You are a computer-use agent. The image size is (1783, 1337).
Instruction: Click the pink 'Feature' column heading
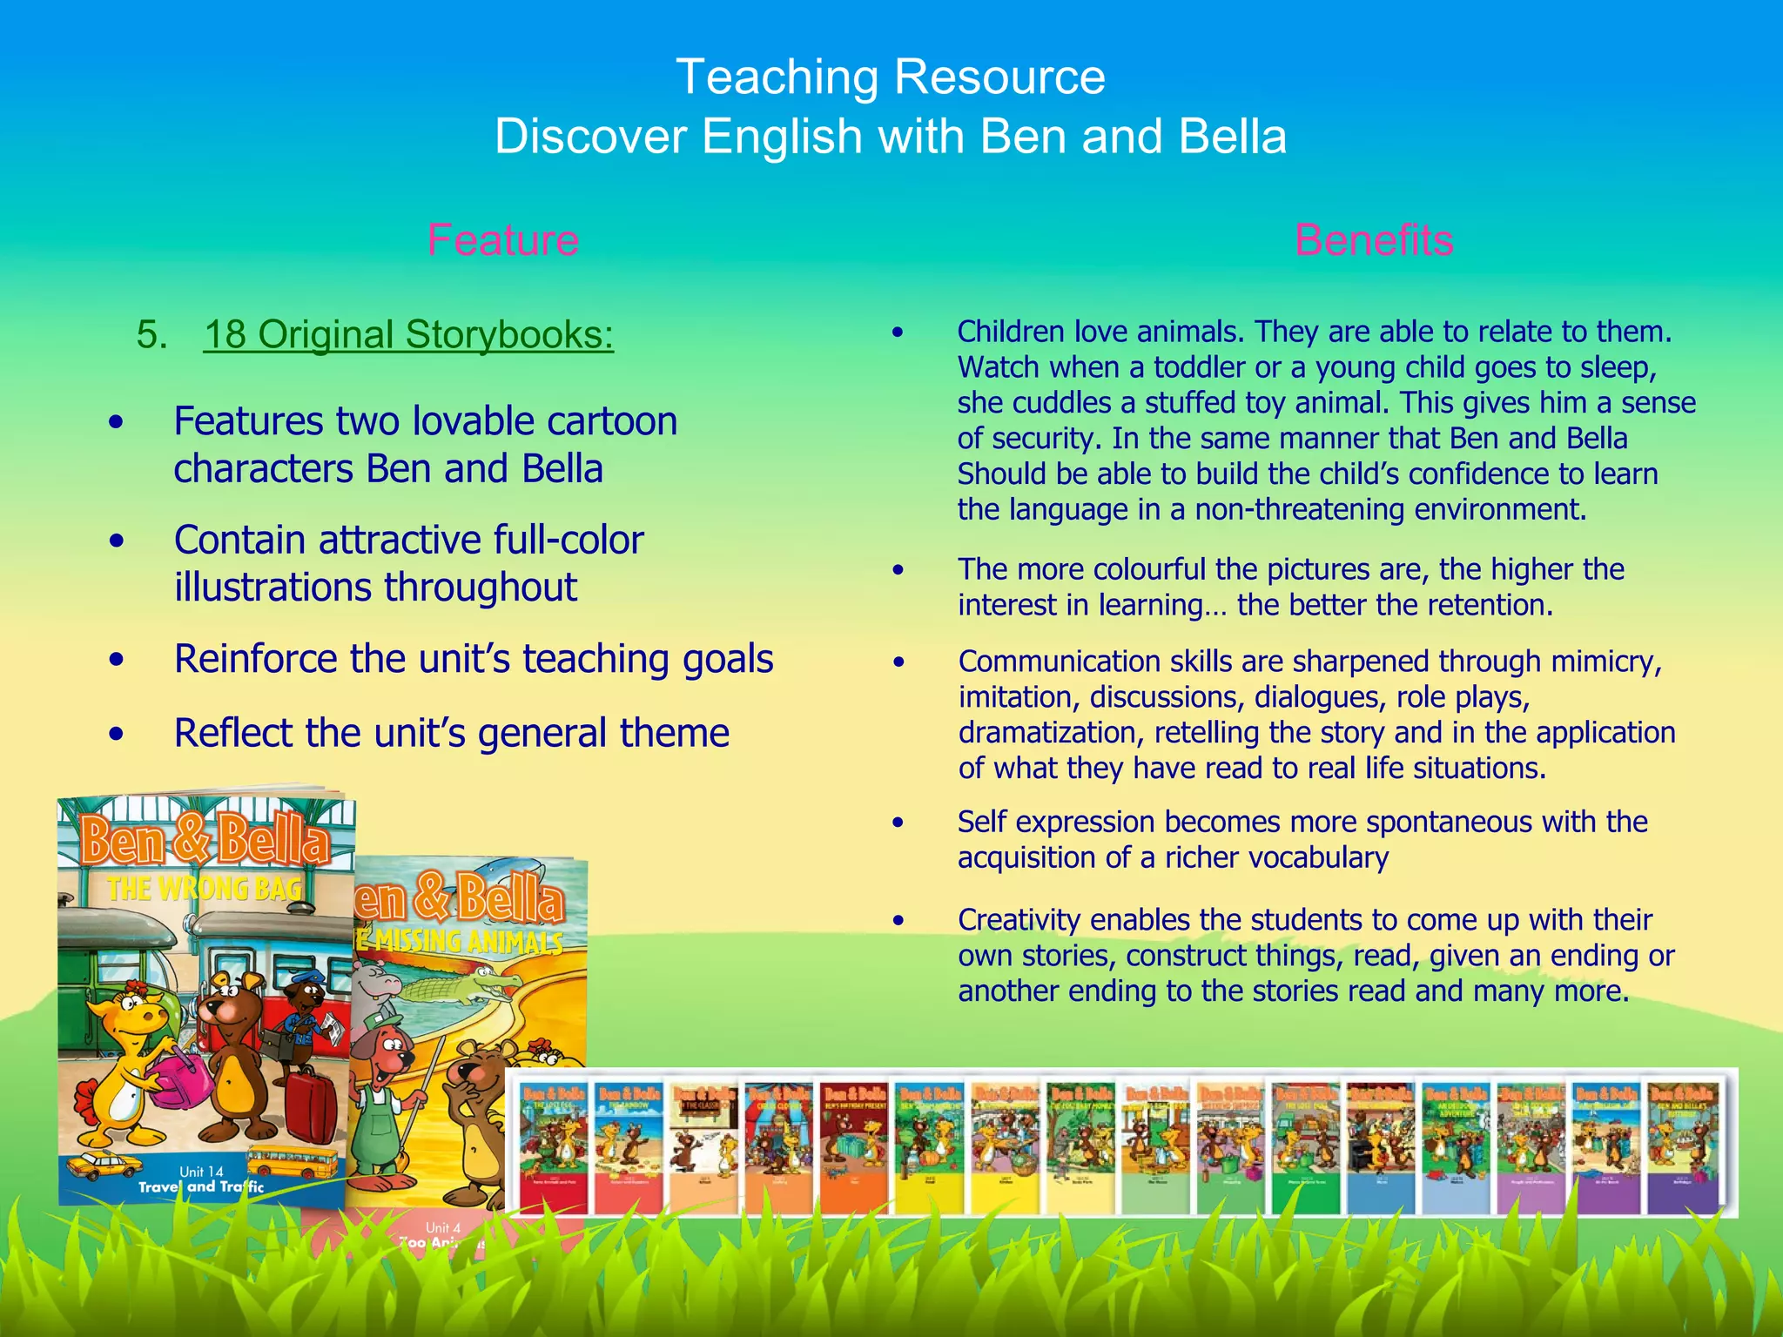(x=503, y=240)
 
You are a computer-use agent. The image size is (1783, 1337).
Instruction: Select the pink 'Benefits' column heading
(x=1374, y=240)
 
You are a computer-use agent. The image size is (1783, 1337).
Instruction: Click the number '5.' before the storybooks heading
(x=152, y=334)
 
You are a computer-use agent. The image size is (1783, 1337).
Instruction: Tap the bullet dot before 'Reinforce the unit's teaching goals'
(x=117, y=660)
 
